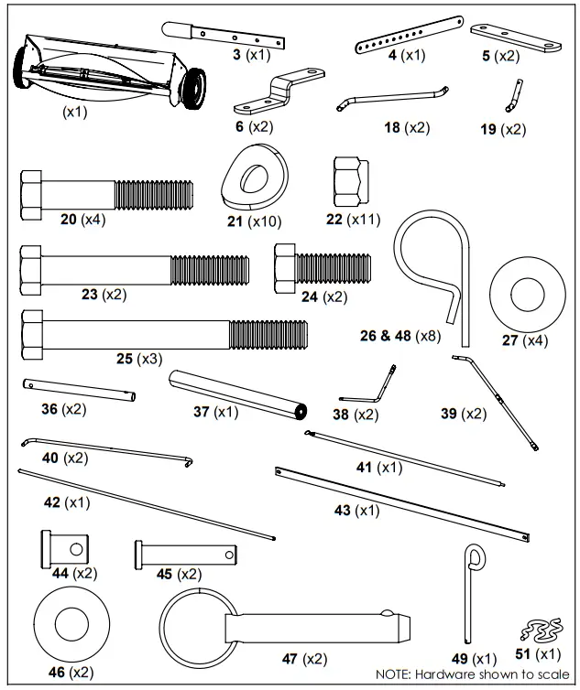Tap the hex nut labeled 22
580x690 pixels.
coord(350,178)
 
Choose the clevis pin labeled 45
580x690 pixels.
coord(187,553)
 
